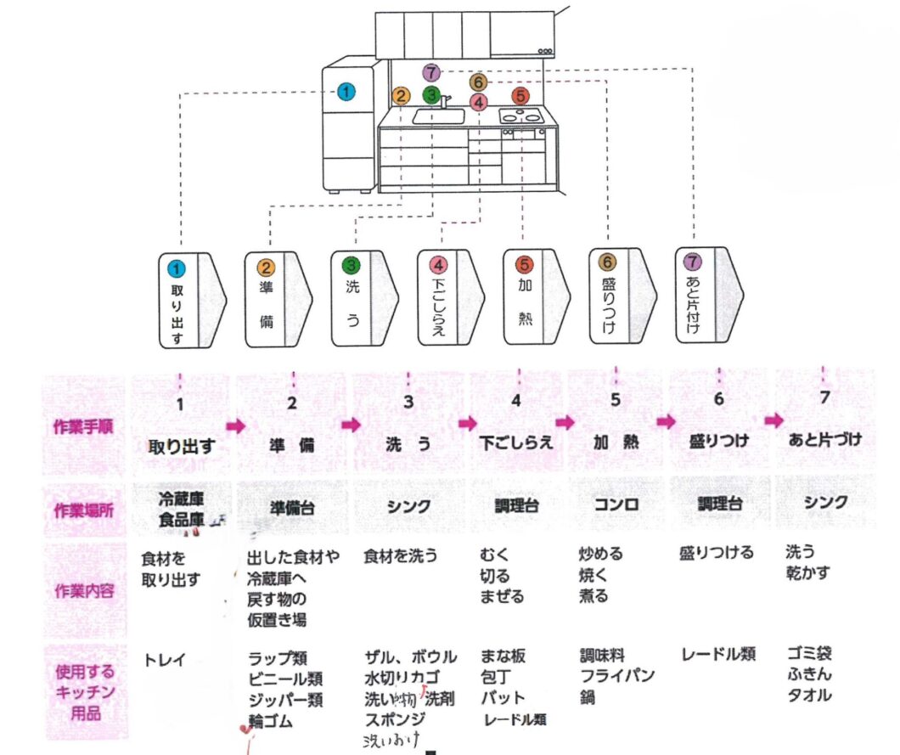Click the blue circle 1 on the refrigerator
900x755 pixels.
pyautogui.click(x=346, y=92)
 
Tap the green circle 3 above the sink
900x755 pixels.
pyautogui.click(x=432, y=94)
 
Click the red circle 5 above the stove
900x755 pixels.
pyautogui.click(x=520, y=95)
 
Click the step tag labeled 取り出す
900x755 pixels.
pyautogui.click(x=191, y=299)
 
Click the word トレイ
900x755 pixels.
pyautogui.click(x=165, y=657)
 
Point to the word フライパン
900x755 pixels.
pyautogui.click(x=616, y=676)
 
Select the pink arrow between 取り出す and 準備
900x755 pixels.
pyautogui.click(x=235, y=425)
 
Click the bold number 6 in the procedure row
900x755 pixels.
pyautogui.click(x=719, y=397)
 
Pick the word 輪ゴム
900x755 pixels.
pyautogui.click(x=270, y=722)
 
